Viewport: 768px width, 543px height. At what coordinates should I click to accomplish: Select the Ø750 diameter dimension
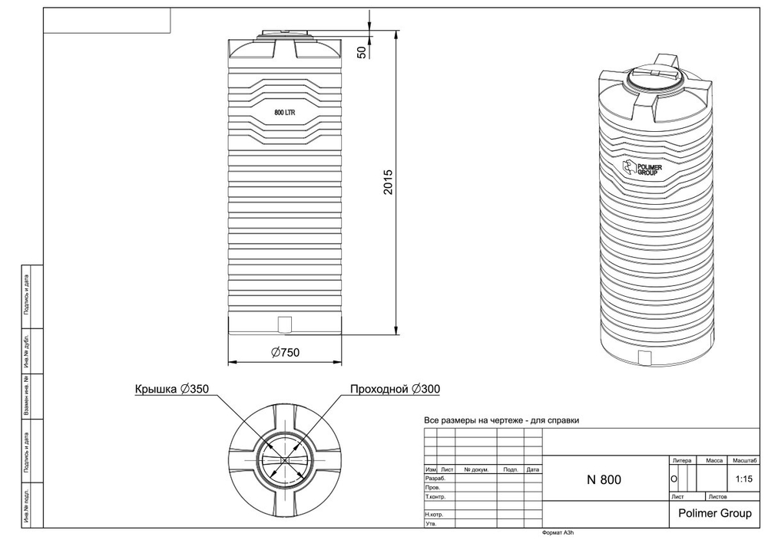point(285,353)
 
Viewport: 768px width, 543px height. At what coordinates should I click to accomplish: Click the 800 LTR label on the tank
point(285,113)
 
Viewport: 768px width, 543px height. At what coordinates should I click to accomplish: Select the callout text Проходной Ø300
point(395,389)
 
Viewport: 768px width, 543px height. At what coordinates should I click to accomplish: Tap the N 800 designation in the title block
point(604,480)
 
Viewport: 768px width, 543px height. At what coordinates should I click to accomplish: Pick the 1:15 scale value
point(743,480)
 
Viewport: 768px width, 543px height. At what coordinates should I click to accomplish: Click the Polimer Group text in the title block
point(710,513)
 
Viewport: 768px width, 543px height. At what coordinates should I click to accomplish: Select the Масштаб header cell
point(745,460)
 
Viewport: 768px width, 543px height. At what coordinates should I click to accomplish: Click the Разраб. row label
point(434,478)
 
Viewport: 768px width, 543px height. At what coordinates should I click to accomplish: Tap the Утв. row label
point(431,524)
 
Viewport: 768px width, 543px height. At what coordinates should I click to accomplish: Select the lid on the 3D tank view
point(652,77)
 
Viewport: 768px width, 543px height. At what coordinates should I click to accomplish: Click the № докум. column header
point(476,469)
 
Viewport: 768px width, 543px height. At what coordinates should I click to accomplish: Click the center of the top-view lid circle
point(285,460)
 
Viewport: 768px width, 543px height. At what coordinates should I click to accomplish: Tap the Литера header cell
point(682,460)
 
